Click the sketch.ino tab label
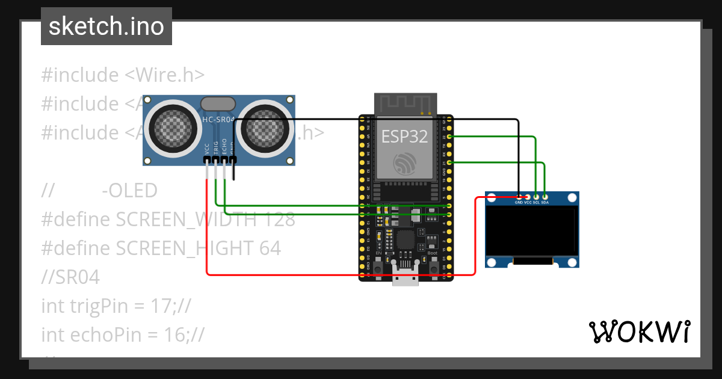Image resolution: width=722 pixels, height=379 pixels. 106,26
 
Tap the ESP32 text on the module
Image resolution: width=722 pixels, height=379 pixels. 405,137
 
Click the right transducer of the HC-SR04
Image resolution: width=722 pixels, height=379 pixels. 265,128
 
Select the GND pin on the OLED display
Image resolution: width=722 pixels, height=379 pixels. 519,197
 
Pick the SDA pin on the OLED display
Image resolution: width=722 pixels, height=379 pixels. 545,197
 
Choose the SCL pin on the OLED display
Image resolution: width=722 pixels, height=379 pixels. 536,197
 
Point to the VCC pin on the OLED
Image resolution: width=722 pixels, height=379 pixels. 528,197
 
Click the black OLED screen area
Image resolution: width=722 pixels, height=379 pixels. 532,231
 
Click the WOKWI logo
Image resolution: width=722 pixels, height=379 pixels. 639,331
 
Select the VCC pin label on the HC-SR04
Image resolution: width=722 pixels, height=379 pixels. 207,149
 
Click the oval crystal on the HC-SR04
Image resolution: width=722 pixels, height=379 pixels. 218,103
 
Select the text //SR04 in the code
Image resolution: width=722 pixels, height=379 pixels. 70,277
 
